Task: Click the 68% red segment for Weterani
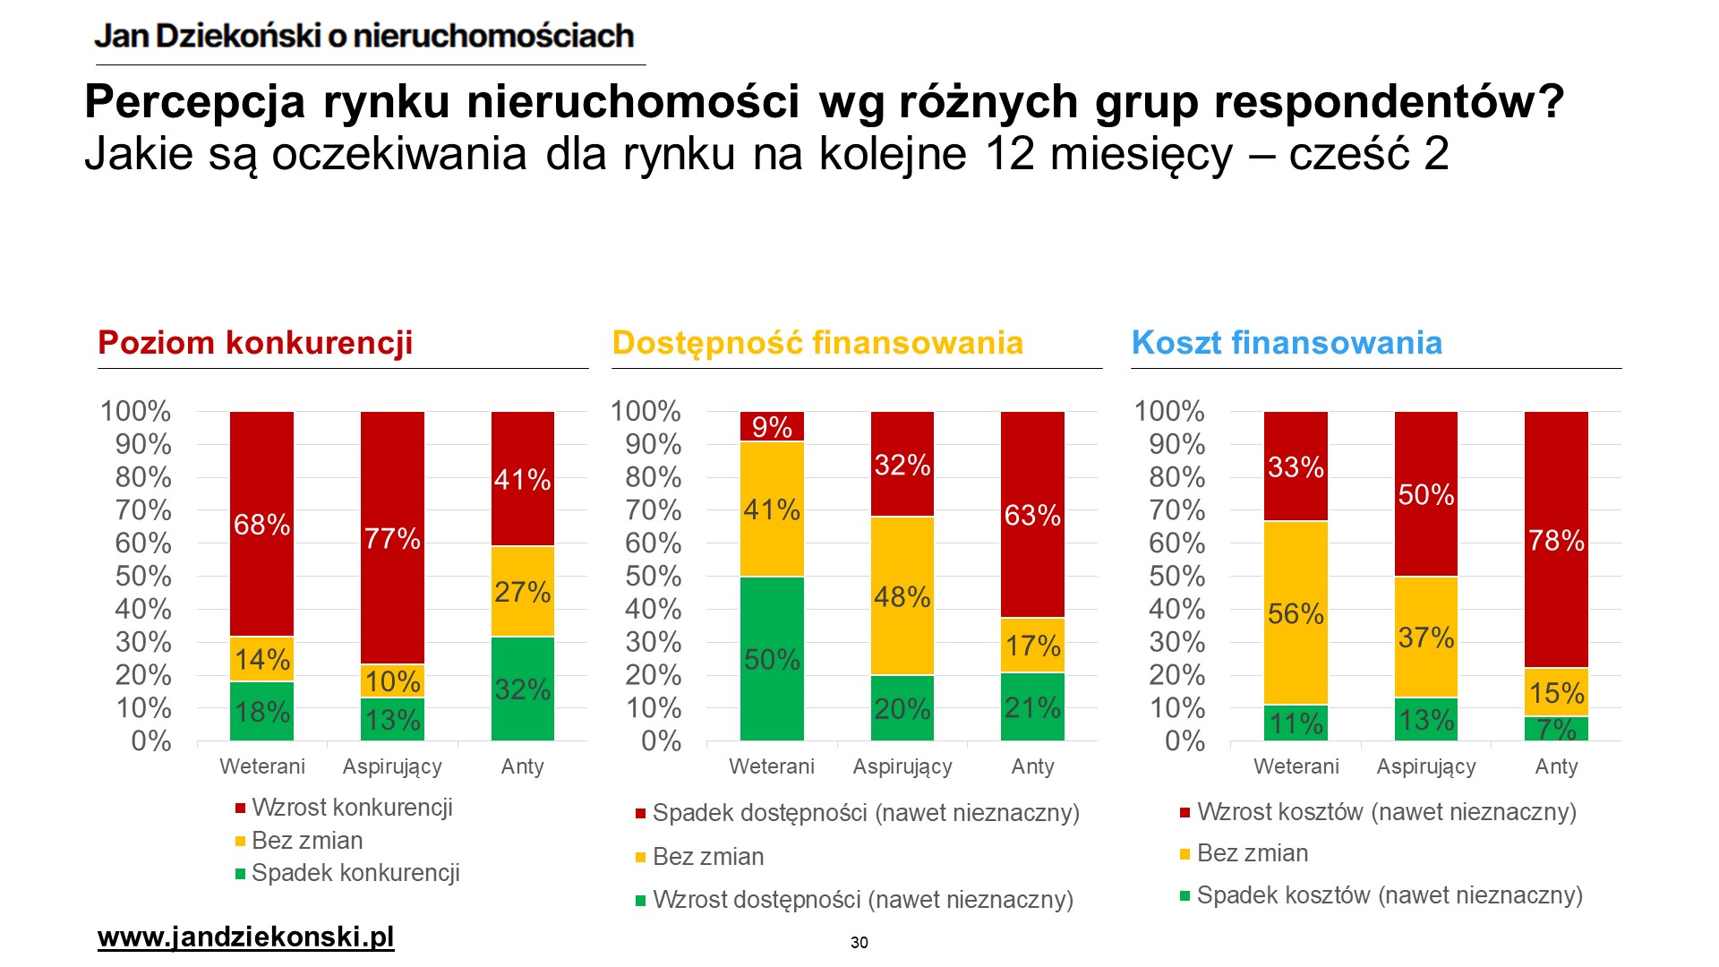261,524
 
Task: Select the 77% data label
392,539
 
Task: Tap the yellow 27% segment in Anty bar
523,592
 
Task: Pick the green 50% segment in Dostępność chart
772,658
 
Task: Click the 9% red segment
772,427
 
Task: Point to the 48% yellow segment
902,596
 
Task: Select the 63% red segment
1032,515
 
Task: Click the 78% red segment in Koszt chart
1556,540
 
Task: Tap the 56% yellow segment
1296,613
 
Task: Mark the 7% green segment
1556,729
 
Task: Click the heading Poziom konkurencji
255,343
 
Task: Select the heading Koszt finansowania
1287,343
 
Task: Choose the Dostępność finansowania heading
817,343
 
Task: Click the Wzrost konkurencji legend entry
352,808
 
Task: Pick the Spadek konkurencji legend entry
355,873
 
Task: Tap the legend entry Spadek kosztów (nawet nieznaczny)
1390,895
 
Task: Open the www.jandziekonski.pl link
245,937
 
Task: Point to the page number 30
859,943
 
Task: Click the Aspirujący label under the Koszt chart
1426,766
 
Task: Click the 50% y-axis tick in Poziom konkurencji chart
143,576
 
